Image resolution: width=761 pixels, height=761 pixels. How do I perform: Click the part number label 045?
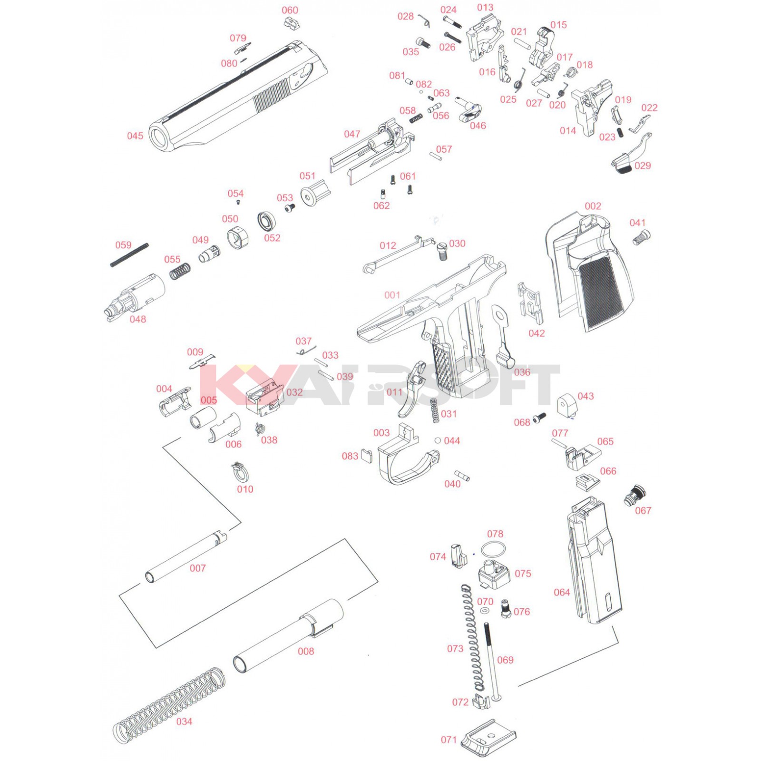(135, 136)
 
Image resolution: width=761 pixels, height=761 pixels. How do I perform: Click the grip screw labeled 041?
(641, 236)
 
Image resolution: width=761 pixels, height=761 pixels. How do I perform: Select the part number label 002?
(593, 206)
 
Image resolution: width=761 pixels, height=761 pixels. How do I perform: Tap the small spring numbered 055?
(180, 272)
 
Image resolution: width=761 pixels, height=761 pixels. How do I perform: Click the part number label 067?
(643, 511)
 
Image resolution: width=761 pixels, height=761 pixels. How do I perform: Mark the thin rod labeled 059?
(129, 255)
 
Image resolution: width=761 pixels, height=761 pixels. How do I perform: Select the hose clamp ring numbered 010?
(241, 473)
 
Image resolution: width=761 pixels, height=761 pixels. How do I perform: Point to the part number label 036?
(522, 372)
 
